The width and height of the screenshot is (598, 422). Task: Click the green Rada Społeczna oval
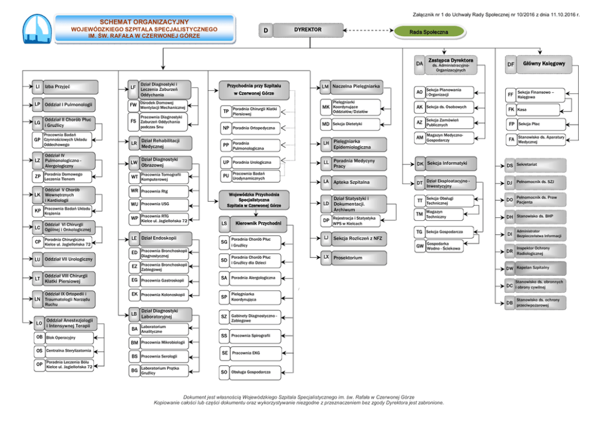click(429, 31)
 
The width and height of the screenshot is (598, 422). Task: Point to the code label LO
click(38, 323)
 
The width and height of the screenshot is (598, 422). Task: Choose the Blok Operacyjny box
click(68, 338)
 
